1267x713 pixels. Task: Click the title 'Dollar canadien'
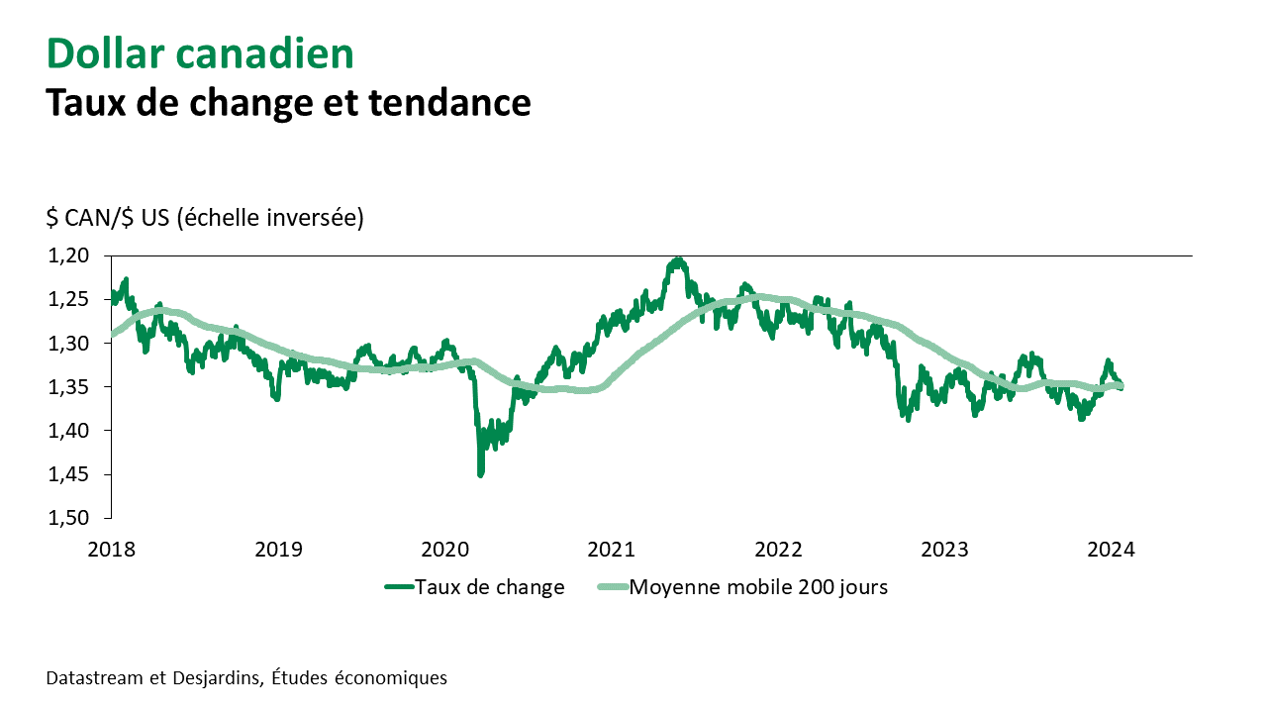[x=200, y=54]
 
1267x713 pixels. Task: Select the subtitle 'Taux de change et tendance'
[x=288, y=102]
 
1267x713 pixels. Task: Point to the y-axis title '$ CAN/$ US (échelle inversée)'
[x=205, y=217]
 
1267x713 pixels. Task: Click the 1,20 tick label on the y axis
[x=68, y=255]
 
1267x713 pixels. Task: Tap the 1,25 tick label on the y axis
[x=68, y=299]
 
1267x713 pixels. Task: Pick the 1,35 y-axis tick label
[x=68, y=386]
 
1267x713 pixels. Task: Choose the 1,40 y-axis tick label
[x=68, y=431]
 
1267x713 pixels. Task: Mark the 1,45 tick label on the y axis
[x=68, y=474]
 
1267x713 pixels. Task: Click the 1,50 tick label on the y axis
[x=68, y=518]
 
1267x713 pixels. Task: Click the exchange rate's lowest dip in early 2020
[x=480, y=474]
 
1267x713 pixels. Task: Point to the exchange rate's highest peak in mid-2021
[x=678, y=259]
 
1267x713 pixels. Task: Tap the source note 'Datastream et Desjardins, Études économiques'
[x=246, y=678]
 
